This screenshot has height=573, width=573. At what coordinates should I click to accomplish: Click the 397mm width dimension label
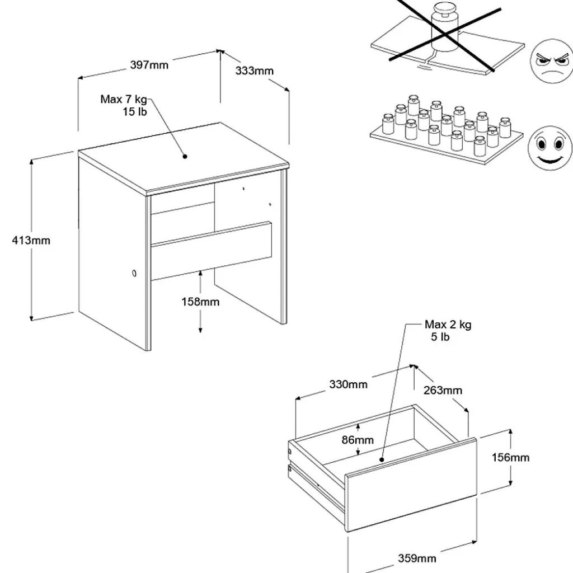(x=149, y=65)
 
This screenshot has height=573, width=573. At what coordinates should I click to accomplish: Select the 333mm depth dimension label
(x=255, y=71)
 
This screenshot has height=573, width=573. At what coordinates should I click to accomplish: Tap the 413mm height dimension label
(x=31, y=241)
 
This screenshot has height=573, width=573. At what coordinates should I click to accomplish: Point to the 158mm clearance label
(x=201, y=302)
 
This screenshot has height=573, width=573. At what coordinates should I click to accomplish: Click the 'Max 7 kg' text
(x=124, y=99)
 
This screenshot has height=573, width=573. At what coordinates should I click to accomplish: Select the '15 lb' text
(x=134, y=112)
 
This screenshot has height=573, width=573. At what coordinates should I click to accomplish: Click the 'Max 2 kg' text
(x=448, y=325)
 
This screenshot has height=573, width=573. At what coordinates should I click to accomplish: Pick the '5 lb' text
(x=440, y=337)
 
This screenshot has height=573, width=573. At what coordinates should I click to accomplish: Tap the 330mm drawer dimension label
(x=348, y=384)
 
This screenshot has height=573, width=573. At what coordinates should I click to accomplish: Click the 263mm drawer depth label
(x=443, y=390)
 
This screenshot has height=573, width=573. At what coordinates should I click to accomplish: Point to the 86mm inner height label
(x=358, y=440)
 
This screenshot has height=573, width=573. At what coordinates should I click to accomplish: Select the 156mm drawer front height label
(x=510, y=458)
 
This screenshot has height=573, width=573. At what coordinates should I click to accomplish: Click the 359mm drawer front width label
(x=417, y=558)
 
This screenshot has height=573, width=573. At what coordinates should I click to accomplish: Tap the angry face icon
(x=551, y=61)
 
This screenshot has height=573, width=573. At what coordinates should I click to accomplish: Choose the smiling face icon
(x=550, y=148)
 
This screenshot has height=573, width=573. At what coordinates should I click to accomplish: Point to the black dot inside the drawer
(x=382, y=460)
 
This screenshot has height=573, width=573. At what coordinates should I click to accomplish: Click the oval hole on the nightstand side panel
(x=134, y=273)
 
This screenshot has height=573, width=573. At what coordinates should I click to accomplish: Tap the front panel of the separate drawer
(x=411, y=485)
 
